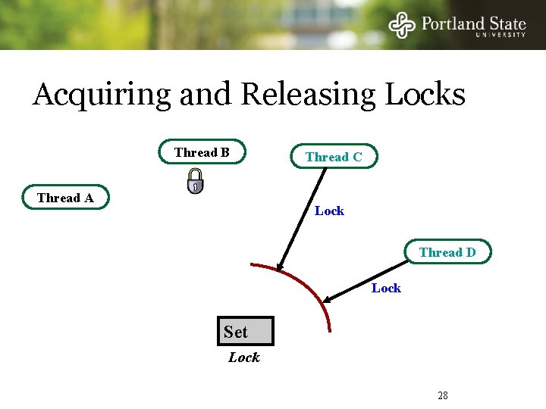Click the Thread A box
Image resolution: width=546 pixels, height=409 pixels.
click(x=65, y=198)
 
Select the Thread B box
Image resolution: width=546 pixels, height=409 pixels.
click(x=202, y=152)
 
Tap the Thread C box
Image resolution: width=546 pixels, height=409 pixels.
click(x=334, y=157)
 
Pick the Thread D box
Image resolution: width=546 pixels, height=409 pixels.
click(x=447, y=252)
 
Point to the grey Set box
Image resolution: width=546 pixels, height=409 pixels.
click(x=244, y=332)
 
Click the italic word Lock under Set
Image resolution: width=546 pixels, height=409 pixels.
click(x=244, y=357)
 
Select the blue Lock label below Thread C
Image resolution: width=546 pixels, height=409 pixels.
click(x=329, y=211)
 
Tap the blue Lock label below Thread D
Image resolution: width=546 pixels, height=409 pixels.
click(x=386, y=288)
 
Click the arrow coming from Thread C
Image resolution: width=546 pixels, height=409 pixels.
click(x=302, y=220)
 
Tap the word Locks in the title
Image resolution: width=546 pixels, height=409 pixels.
click(x=425, y=95)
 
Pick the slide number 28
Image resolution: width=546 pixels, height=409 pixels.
click(x=443, y=395)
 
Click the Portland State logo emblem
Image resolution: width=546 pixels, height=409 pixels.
click(x=403, y=25)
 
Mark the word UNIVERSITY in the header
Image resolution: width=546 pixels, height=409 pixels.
click(x=500, y=34)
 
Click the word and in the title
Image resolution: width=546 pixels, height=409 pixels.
click(x=207, y=95)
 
